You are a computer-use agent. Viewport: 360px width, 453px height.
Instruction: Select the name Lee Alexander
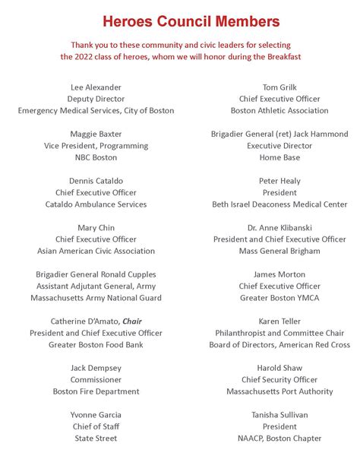[96, 87]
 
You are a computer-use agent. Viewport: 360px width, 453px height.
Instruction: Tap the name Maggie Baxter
[96, 135]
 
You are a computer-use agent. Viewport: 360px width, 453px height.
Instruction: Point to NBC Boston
[96, 157]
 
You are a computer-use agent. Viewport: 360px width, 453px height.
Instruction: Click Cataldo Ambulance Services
[96, 204]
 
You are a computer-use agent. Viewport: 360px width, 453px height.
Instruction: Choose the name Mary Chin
[96, 228]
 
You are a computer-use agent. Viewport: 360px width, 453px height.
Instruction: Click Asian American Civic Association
[96, 251]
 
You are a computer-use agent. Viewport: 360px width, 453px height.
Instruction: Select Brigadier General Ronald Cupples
[96, 274]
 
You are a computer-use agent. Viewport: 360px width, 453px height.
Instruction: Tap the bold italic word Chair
[132, 322]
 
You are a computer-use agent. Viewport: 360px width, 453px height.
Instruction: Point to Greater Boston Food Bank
[96, 344]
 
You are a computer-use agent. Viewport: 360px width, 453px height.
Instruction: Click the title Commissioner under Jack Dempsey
[96, 379]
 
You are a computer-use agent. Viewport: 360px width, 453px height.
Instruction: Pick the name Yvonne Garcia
[96, 415]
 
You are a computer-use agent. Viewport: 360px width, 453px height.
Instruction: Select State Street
[96, 438]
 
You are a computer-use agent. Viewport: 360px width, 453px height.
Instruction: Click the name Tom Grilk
[279, 87]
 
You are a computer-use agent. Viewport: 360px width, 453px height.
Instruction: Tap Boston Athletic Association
[279, 111]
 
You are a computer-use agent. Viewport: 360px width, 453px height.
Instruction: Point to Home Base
[279, 157]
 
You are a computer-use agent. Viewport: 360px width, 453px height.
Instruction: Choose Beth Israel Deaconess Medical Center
[279, 204]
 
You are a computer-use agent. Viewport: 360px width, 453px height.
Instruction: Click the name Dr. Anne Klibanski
[279, 228]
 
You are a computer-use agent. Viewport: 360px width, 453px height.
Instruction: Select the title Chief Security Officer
[279, 379]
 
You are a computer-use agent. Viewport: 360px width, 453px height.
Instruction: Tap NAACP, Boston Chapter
[279, 438]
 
